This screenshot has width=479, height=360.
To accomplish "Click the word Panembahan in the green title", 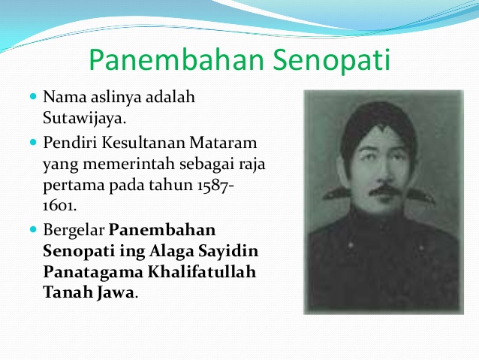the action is click(176, 59).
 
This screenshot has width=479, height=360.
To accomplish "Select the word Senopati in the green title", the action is click(331, 59).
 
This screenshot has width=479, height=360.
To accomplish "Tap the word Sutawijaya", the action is click(84, 118).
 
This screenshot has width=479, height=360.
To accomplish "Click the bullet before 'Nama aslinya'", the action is click(33, 97).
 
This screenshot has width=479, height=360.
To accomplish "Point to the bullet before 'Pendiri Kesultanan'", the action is click(33, 142).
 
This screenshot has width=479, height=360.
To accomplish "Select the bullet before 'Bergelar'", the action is click(33, 229).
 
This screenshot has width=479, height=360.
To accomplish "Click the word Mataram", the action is click(223, 143).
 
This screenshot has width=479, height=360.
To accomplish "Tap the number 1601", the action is click(59, 206).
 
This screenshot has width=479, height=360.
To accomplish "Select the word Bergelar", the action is click(74, 231).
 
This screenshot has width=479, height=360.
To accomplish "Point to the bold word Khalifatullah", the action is click(202, 271).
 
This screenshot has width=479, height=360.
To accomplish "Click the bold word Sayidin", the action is click(228, 252).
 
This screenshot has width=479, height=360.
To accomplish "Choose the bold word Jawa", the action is click(116, 292).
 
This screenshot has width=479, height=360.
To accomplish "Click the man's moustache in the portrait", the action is click(384, 192).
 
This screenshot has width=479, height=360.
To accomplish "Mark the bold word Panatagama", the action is click(93, 273).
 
